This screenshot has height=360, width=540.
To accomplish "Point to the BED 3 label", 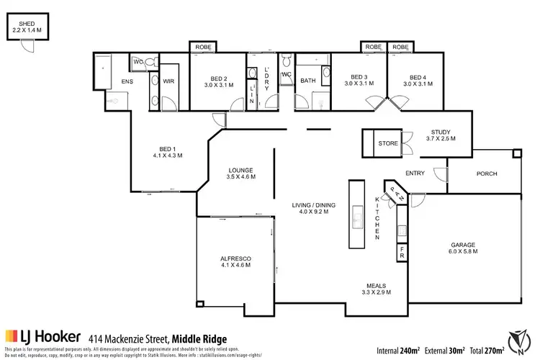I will coord(359,77).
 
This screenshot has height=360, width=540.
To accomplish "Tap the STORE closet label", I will coord(388,144).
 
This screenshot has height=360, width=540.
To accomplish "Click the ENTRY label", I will coord(415,174).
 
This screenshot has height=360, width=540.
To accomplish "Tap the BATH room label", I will coord(308,81).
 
